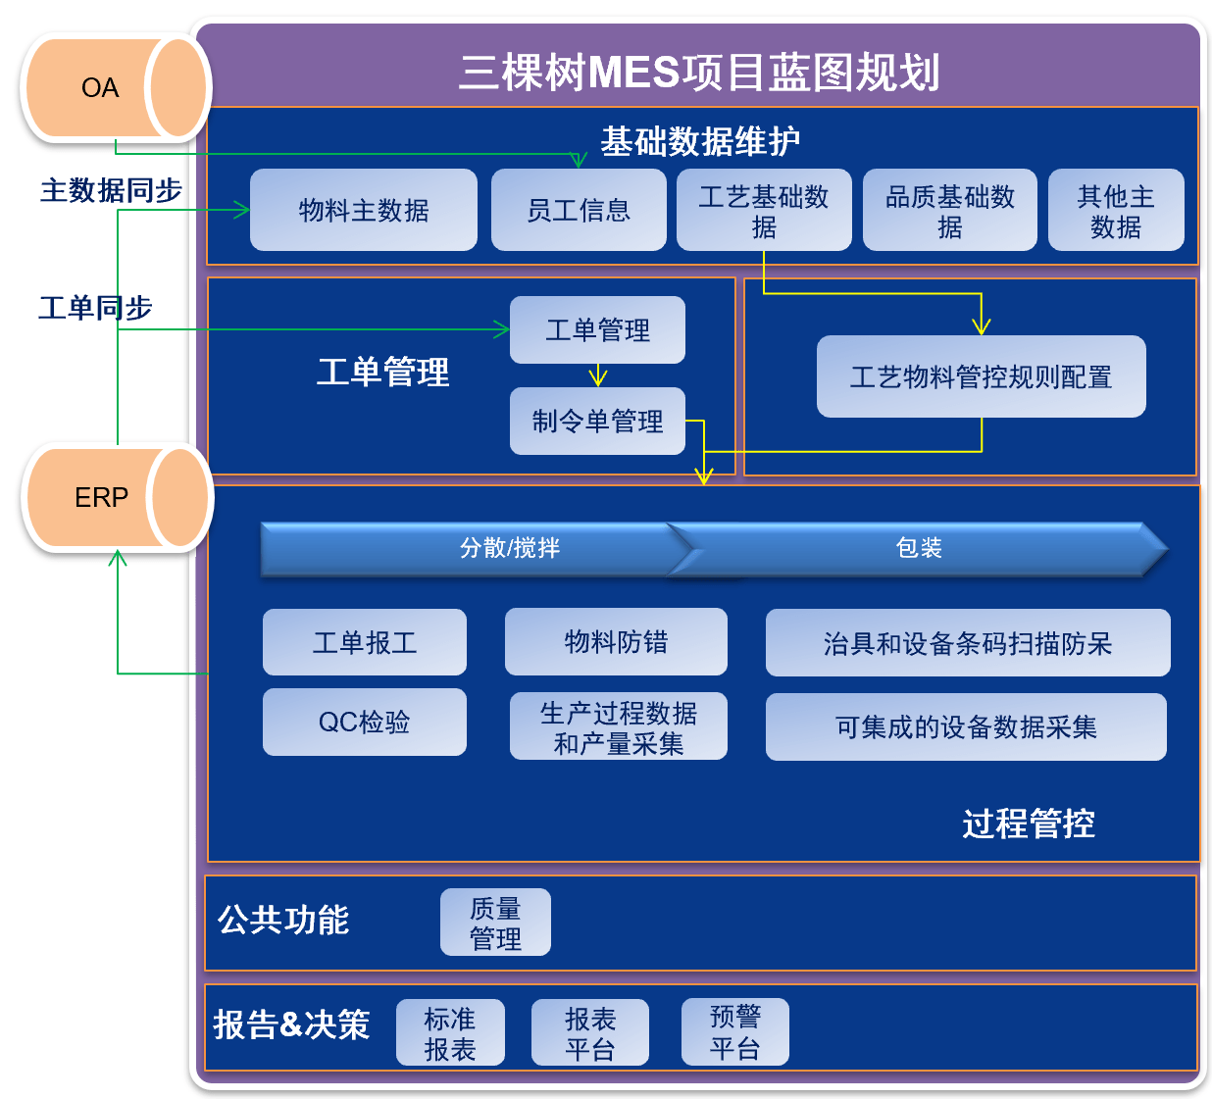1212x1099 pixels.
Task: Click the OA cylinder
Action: point(114,88)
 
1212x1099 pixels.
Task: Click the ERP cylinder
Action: point(116,498)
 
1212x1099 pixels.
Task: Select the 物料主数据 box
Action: point(364,210)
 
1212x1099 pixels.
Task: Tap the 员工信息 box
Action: point(579,210)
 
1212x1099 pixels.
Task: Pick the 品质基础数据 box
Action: point(949,211)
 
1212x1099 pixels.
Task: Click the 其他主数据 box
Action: point(1115,211)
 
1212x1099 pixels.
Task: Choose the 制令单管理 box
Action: point(597,422)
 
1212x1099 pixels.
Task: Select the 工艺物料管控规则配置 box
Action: point(981,376)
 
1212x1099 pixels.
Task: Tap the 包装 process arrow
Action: point(919,548)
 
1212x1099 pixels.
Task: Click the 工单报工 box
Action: point(365,642)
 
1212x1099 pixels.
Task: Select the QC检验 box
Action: point(365,723)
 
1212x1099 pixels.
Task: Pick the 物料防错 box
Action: point(616,642)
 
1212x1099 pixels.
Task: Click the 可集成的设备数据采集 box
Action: point(966,727)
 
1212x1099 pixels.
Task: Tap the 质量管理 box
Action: point(495,923)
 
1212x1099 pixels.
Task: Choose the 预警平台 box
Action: point(734,1032)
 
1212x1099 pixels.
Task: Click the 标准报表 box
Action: point(450,1033)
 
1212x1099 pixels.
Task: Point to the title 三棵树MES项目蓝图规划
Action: point(699,73)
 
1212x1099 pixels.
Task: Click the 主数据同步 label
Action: point(111,190)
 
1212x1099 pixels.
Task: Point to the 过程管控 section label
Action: point(1028,824)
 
